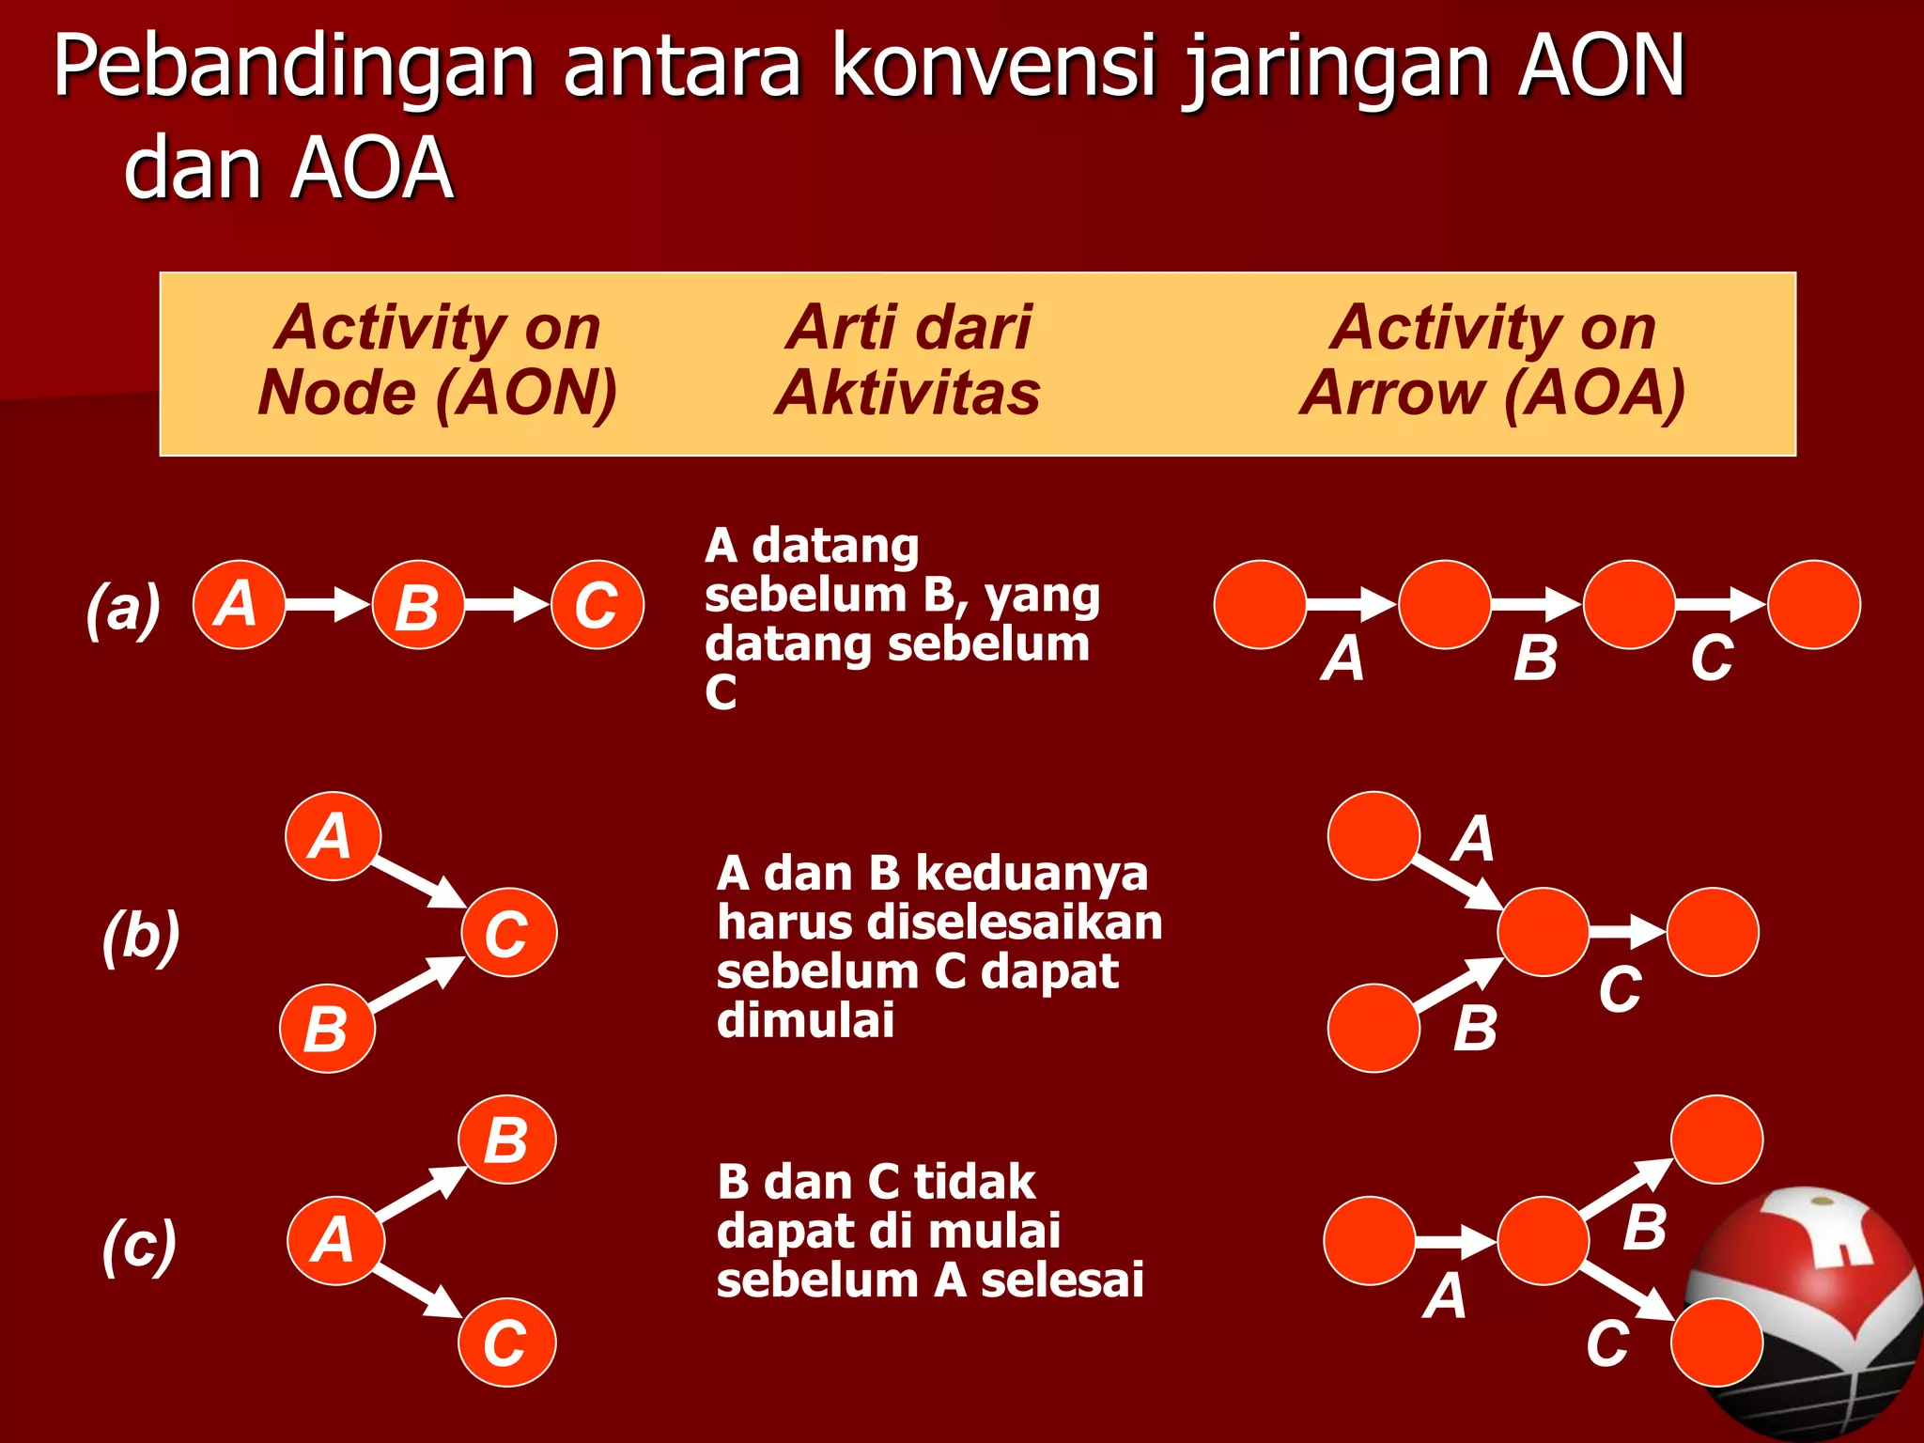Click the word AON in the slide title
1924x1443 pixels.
pyautogui.click(x=1602, y=68)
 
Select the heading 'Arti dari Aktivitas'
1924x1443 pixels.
pyautogui.click(x=908, y=360)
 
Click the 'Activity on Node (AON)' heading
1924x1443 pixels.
pyautogui.click(x=437, y=360)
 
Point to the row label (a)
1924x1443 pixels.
pyautogui.click(x=123, y=608)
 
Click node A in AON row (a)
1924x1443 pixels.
pyautogui.click(x=239, y=604)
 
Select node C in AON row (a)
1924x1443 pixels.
pyautogui.click(x=597, y=604)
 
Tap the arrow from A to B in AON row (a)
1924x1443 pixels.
pyautogui.click(x=328, y=604)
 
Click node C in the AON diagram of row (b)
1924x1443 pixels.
pyautogui.click(x=508, y=932)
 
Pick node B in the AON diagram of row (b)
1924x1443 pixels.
pyautogui.click(x=327, y=1029)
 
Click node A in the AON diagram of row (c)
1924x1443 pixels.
pyautogui.click(x=335, y=1240)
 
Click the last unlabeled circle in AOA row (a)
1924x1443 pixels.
pyautogui.click(x=1813, y=604)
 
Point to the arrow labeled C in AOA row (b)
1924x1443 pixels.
pyautogui.click(x=1627, y=932)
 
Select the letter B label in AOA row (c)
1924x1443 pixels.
pyautogui.click(x=1644, y=1227)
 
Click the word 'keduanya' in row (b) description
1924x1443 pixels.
pyautogui.click(x=1031, y=874)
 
